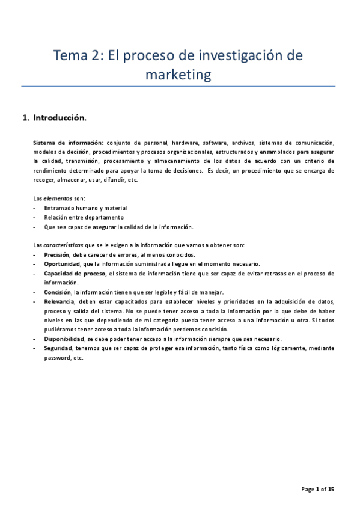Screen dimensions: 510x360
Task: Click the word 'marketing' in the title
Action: (179, 75)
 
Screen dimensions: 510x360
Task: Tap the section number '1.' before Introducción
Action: (26, 118)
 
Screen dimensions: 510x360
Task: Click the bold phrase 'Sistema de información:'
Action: (68, 143)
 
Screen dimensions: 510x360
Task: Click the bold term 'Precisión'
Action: (56, 255)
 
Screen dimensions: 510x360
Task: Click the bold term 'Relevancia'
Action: (59, 301)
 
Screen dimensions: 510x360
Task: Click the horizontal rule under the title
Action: (178, 86)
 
